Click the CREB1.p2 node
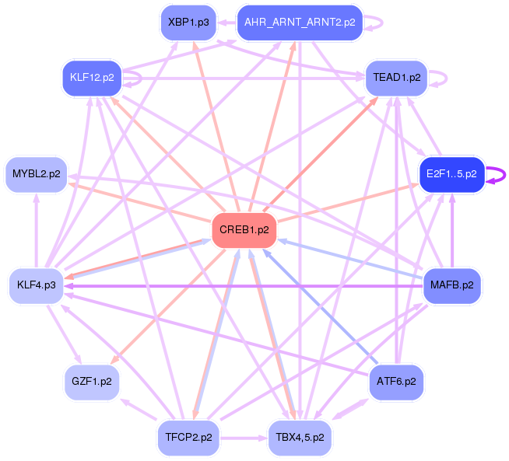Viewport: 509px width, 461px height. click(x=244, y=230)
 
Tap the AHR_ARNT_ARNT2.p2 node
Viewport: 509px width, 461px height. click(x=300, y=23)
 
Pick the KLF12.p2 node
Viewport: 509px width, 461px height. click(x=92, y=78)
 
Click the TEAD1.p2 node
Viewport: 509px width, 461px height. click(x=397, y=78)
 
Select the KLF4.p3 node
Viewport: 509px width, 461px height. click(x=37, y=285)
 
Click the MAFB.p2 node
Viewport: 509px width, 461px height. click(x=451, y=285)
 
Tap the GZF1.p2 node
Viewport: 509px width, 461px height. click(x=92, y=382)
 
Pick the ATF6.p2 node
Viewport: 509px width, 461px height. click(x=396, y=382)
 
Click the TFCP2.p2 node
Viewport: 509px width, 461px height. click(x=188, y=438)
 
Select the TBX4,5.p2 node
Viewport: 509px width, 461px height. click(x=300, y=438)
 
